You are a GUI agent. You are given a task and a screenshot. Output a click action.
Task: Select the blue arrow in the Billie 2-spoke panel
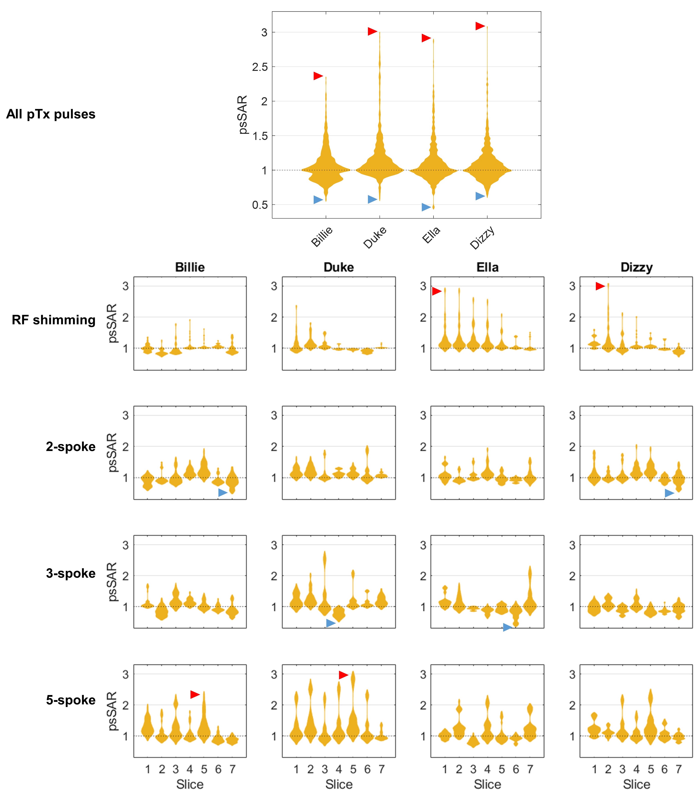(x=223, y=493)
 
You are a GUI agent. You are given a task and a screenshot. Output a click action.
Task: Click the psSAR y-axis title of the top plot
(x=243, y=115)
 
